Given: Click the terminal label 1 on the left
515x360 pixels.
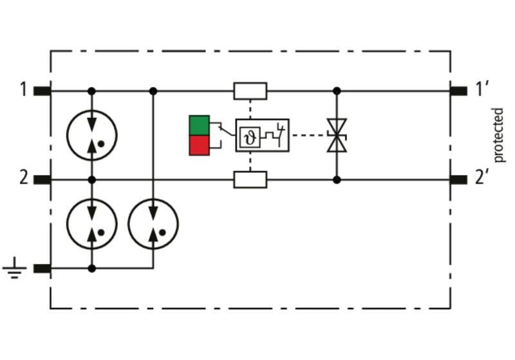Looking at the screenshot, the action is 23,89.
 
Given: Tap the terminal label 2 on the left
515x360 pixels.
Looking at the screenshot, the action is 24,178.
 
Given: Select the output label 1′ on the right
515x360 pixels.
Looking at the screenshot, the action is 482,89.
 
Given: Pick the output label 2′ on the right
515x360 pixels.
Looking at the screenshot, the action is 482,178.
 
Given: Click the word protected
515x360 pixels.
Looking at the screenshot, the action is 498,135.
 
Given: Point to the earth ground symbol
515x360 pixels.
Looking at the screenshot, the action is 14,268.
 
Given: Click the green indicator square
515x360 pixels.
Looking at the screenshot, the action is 200,125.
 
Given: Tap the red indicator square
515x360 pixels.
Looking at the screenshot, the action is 200,145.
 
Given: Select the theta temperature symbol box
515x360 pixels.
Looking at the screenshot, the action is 250,137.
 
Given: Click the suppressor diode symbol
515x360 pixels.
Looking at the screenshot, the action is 337,135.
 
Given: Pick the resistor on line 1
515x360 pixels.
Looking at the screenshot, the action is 250,91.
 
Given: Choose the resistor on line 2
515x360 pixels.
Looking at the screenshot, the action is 250,180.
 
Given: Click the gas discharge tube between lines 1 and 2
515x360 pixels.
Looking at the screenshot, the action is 92,135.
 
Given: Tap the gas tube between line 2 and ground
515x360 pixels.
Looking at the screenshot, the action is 92,224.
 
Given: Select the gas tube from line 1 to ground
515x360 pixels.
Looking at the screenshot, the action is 153,224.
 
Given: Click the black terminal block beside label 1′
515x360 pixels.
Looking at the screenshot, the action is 458,91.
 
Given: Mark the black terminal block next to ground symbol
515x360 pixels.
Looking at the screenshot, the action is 42,269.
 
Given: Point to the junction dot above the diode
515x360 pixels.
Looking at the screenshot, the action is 337,91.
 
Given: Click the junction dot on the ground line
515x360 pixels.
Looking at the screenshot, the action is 92,269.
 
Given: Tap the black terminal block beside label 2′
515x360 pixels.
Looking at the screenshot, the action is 458,180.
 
